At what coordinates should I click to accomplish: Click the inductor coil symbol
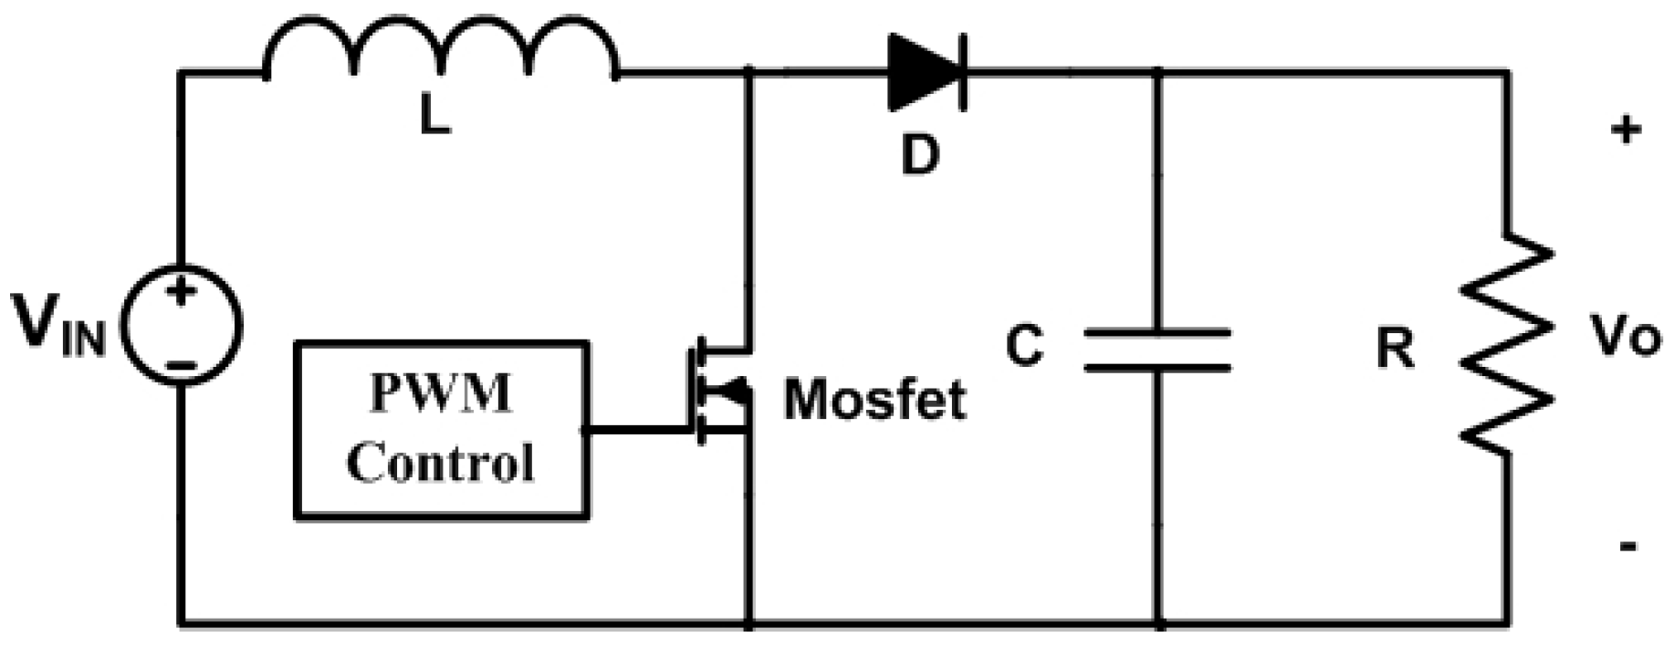click(x=441, y=50)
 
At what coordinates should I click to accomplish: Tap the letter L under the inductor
click(x=435, y=116)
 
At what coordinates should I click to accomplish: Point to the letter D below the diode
click(x=919, y=155)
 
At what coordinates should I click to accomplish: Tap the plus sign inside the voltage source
click(x=182, y=293)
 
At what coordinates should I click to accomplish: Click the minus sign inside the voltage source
click(x=182, y=365)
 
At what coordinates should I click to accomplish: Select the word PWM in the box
click(x=441, y=394)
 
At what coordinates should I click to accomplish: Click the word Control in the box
click(x=441, y=463)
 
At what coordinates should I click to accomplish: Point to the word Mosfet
click(x=874, y=400)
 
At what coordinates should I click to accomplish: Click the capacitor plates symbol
click(x=1157, y=350)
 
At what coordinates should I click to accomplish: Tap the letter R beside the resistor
click(x=1395, y=348)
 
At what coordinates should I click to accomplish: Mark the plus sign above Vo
click(x=1626, y=131)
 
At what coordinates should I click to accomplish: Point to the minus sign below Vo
click(x=1627, y=547)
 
